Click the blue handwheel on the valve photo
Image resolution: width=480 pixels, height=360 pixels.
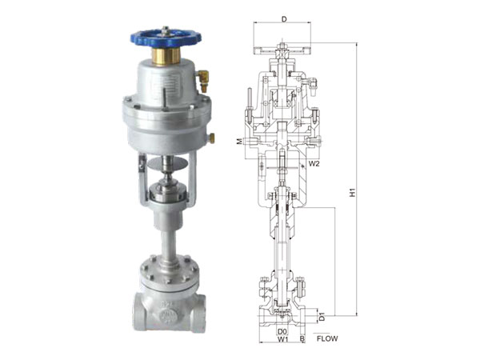(x=166, y=38)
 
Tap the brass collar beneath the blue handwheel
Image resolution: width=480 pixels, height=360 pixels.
(x=166, y=56)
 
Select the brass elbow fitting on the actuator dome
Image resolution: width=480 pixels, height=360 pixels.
(x=203, y=80)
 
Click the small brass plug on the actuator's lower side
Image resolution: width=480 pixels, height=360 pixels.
(x=211, y=138)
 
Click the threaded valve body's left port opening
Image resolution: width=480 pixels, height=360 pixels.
(x=138, y=312)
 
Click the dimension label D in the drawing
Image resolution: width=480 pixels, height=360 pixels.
(x=284, y=19)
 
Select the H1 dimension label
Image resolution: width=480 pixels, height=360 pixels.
(x=353, y=192)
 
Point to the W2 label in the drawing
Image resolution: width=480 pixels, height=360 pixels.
(x=314, y=164)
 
